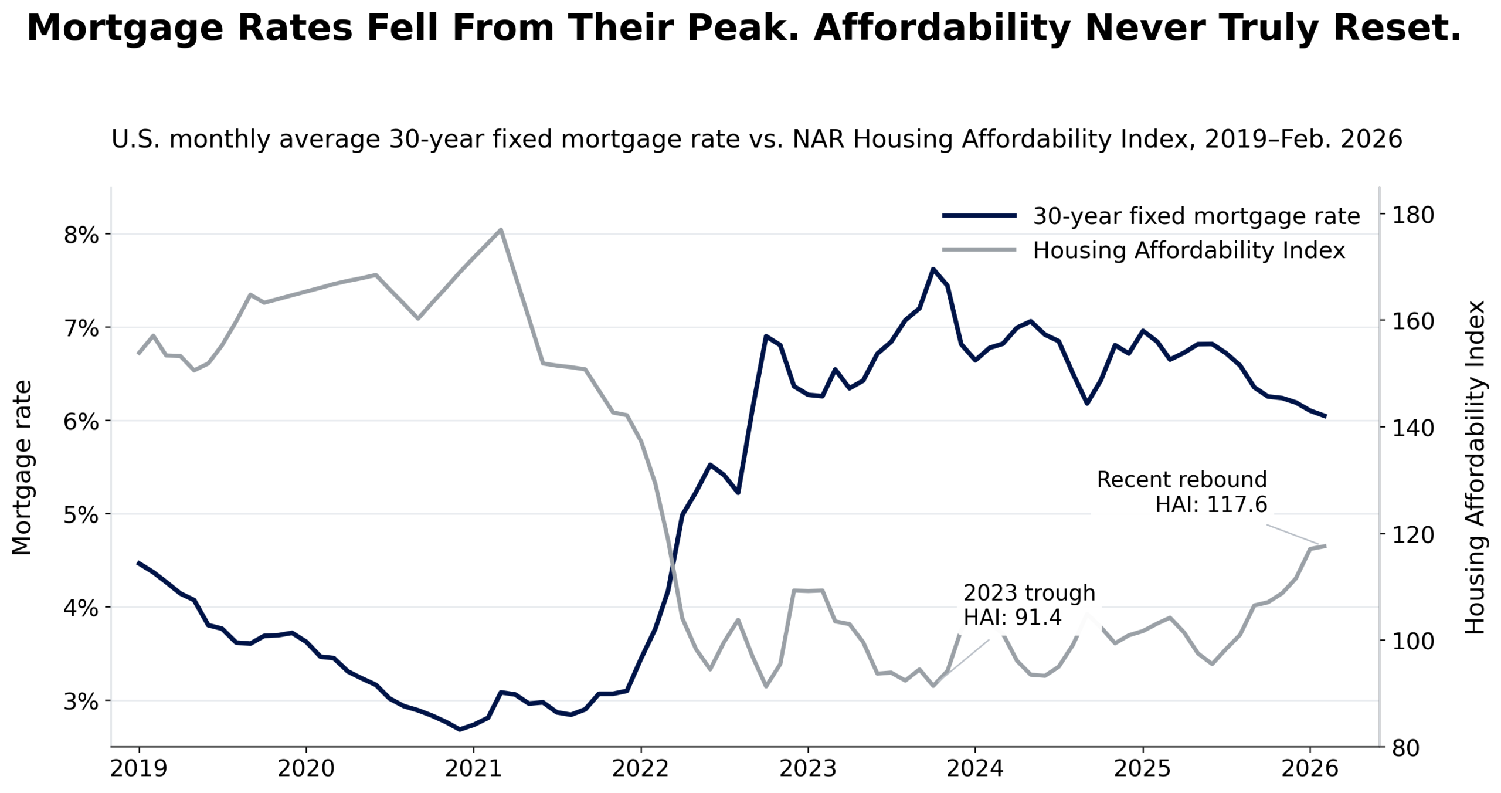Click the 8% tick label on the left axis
pyautogui.click(x=80, y=235)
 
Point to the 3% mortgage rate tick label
pyautogui.click(x=80, y=701)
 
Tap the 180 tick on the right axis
pyautogui.click(x=1413, y=215)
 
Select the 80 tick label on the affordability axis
pyautogui.click(x=1405, y=748)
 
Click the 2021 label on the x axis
pyautogui.click(x=473, y=768)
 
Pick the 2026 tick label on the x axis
pyautogui.click(x=1309, y=768)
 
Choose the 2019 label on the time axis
pyautogui.click(x=139, y=768)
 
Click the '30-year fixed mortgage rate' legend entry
pyautogui.click(x=1196, y=216)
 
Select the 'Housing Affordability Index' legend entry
pyautogui.click(x=1188, y=250)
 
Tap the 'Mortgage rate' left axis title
pyautogui.click(x=22, y=467)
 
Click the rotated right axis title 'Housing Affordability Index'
pyautogui.click(x=1475, y=467)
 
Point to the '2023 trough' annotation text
pyautogui.click(x=1029, y=593)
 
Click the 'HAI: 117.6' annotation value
pyautogui.click(x=1211, y=504)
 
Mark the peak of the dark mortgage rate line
pyautogui.click(x=933, y=269)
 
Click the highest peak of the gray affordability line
pyautogui.click(x=501, y=229)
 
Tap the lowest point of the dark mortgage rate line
pyautogui.click(x=459, y=729)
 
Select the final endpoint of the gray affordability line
pyautogui.click(x=1325, y=546)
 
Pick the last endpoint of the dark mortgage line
pyautogui.click(x=1325, y=416)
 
